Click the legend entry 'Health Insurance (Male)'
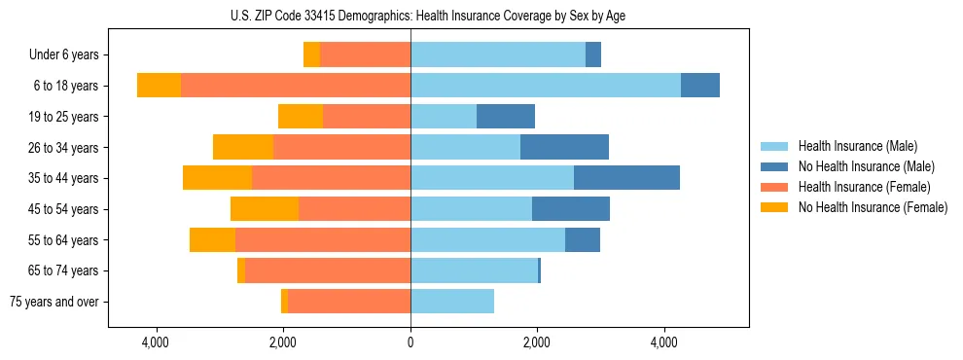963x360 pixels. pyautogui.click(x=857, y=146)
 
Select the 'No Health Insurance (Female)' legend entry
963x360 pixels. pyautogui.click(x=873, y=207)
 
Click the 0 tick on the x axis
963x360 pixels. pyautogui.click(x=410, y=342)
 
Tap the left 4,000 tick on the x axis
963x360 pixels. pyautogui.click(x=156, y=342)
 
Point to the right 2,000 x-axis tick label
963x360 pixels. pyautogui.click(x=537, y=342)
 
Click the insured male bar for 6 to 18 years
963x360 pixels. pyautogui.click(x=545, y=86)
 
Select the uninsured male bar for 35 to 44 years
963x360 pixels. pyautogui.click(x=626, y=178)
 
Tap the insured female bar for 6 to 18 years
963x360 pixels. pyautogui.click(x=295, y=86)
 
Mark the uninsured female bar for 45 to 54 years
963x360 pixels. pyautogui.click(x=264, y=209)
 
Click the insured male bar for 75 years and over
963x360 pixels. pyautogui.click(x=452, y=302)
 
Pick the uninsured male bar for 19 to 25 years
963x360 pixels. pyautogui.click(x=506, y=117)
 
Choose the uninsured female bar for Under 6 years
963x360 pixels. pyautogui.click(x=311, y=55)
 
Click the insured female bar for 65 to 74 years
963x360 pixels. pyautogui.click(x=327, y=270)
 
